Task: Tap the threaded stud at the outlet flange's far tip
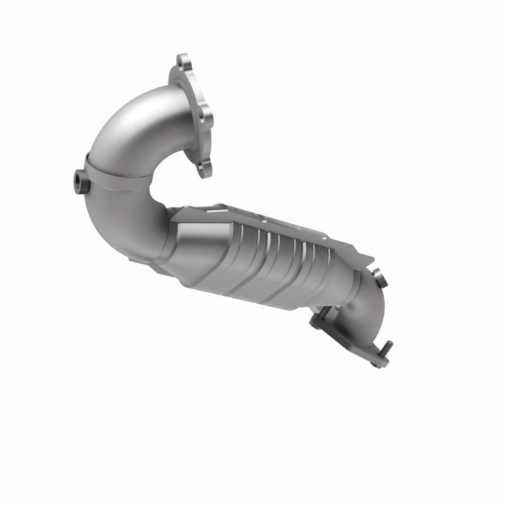click(x=386, y=347)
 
